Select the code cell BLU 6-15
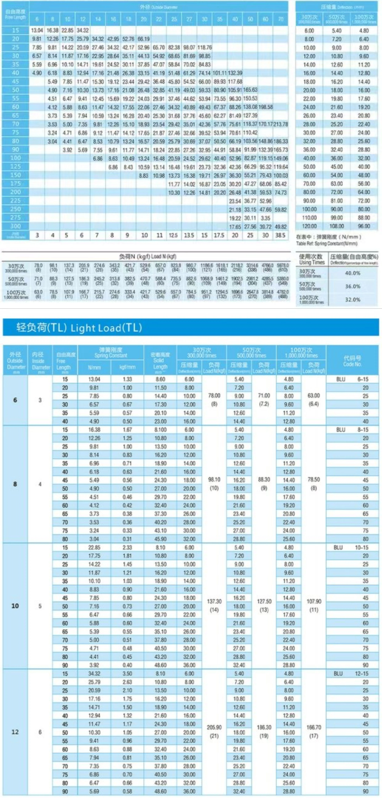pos(352,379)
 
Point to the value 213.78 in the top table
pos(281,124)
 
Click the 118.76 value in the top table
pos(204,47)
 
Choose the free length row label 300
pos(15,226)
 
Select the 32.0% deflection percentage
pos(353,300)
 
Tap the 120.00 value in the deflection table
pos(309,226)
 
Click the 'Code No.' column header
pos(352,361)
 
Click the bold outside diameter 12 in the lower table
pos(15,732)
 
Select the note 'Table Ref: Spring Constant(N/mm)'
pos(327,243)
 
